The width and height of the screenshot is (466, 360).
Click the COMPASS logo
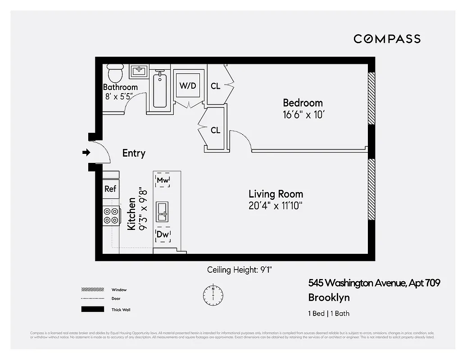click(x=387, y=39)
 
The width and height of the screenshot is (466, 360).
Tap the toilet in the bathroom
click(x=115, y=72)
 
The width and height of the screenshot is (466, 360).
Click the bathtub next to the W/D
click(x=160, y=90)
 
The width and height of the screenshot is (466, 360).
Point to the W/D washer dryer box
click(x=188, y=85)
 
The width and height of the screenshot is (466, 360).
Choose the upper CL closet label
click(x=216, y=85)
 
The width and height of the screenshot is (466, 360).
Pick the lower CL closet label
click(x=216, y=130)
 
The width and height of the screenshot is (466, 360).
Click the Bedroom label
click(x=303, y=103)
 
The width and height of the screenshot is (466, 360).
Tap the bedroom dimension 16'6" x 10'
click(x=303, y=115)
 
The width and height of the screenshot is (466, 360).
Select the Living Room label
click(x=276, y=194)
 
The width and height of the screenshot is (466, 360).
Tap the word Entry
click(x=134, y=153)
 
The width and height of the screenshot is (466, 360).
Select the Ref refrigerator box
click(x=110, y=189)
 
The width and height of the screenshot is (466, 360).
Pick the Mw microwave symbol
click(x=163, y=180)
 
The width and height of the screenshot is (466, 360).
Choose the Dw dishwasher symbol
click(x=163, y=234)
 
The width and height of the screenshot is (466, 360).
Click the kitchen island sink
click(x=163, y=211)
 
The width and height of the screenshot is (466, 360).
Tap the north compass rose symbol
click(x=213, y=294)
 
